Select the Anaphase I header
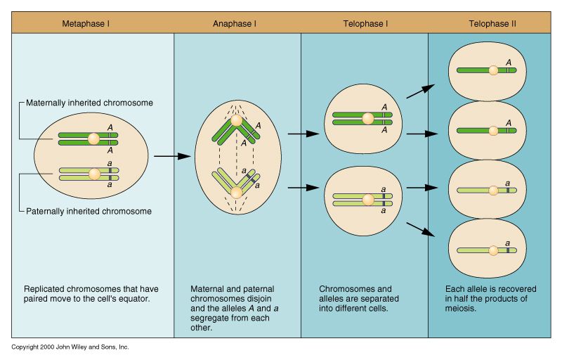click(x=235, y=23)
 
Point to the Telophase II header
click(x=492, y=23)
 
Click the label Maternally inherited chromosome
click(x=89, y=103)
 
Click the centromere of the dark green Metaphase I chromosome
click(x=93, y=139)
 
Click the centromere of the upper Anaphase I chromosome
click(x=237, y=121)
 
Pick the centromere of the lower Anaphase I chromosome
click(x=237, y=191)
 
